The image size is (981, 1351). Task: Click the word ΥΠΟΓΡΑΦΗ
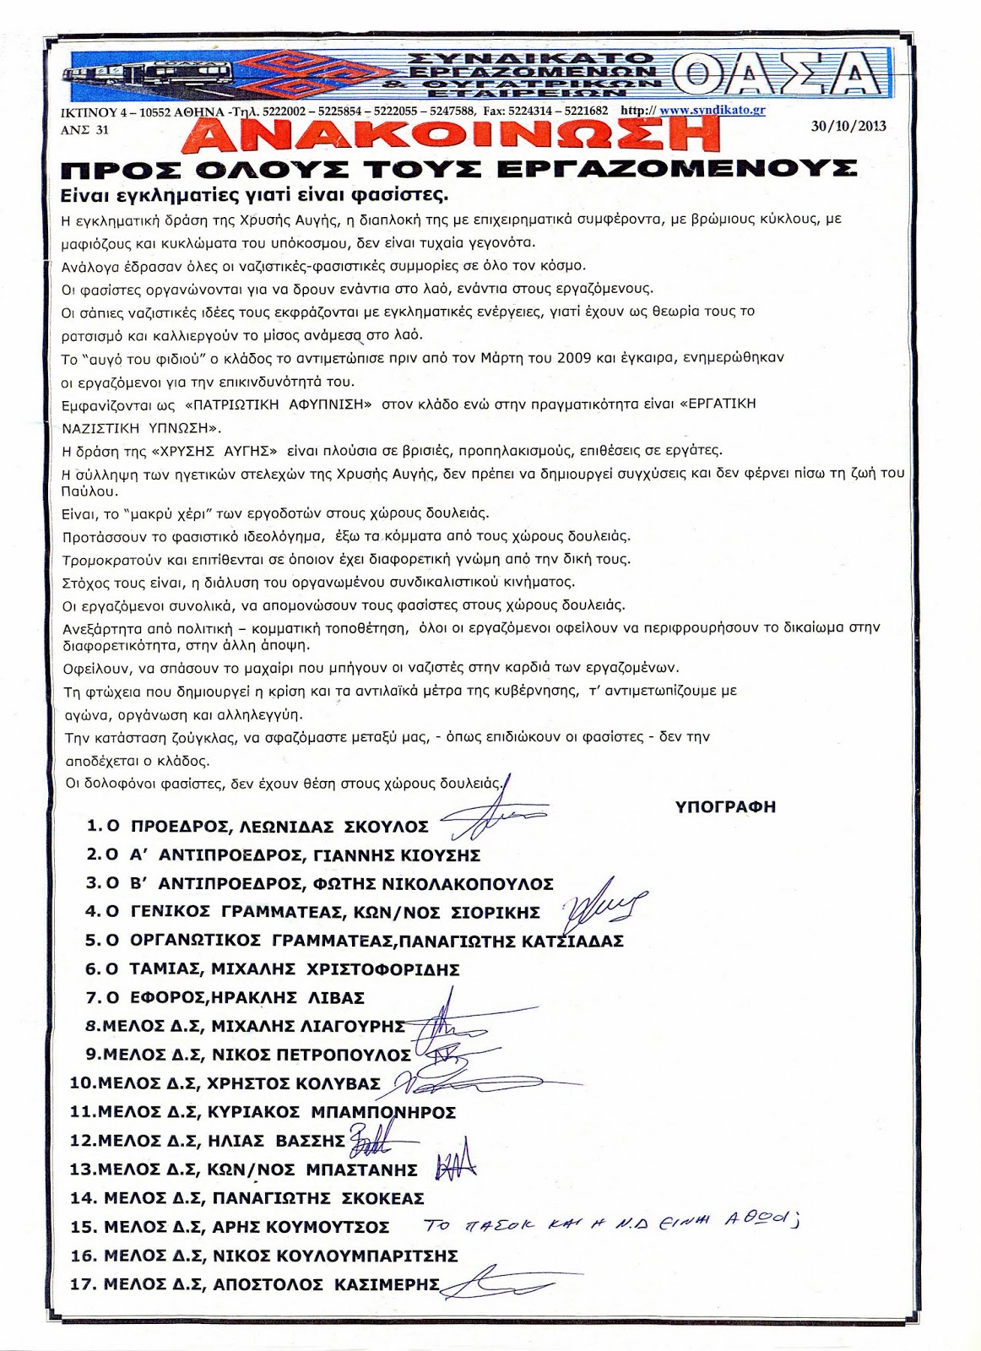(725, 806)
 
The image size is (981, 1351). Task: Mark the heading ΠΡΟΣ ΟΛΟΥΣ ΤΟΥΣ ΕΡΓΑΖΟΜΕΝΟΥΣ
(460, 170)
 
